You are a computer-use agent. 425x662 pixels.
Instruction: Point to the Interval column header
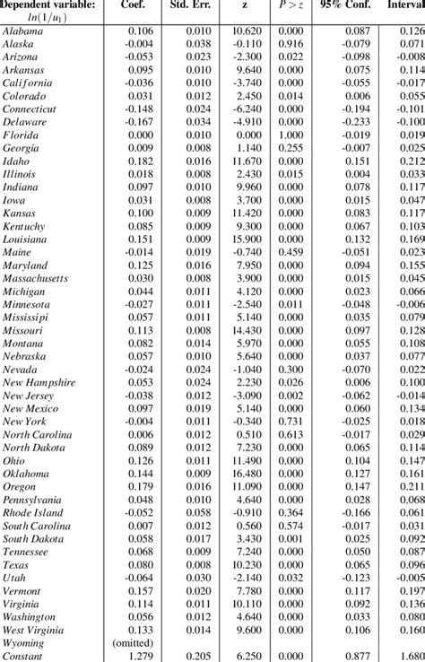click(x=404, y=6)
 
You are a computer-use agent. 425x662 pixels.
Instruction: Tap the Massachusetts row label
click(x=35, y=278)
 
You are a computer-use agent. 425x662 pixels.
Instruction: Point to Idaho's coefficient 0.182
click(x=140, y=161)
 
